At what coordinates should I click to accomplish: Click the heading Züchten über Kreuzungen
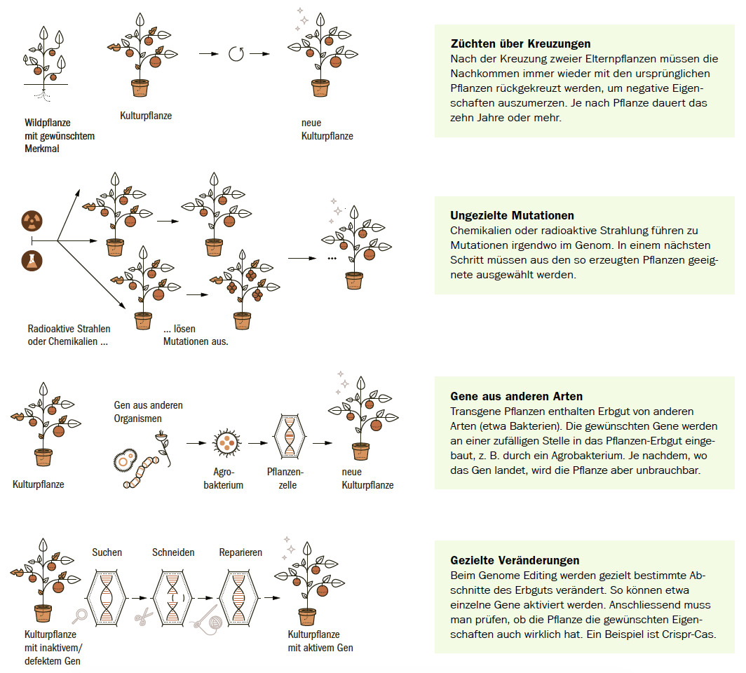pos(520,44)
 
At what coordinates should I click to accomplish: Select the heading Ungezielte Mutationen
pos(512,216)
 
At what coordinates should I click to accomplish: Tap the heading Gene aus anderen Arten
pos(517,397)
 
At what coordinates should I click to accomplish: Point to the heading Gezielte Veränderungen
pos(515,560)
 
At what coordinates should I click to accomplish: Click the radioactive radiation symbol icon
pos(32,221)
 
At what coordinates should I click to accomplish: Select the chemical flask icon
pos(32,260)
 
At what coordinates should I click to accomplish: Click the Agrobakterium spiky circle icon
pos(227,442)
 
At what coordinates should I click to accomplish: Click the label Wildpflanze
pos(48,123)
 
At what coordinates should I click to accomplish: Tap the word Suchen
pos(107,552)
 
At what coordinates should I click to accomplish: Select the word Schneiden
pos(173,552)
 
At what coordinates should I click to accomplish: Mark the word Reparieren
pos(240,552)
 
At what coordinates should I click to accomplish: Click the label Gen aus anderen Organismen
pos(148,412)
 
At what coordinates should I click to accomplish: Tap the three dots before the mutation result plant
pos(332,258)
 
